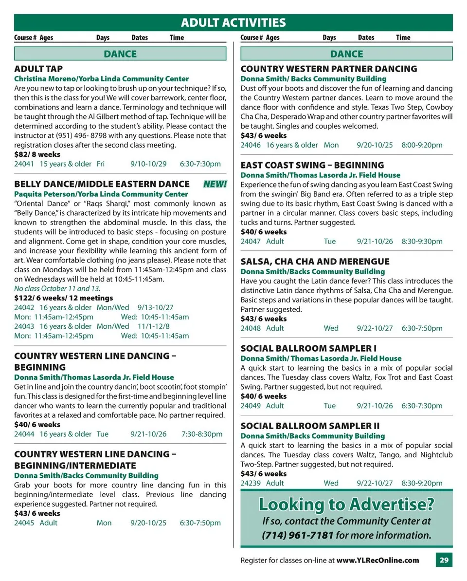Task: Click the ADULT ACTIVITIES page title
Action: tap(233, 23)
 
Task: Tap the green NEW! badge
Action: tap(215, 184)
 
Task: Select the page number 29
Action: tap(444, 560)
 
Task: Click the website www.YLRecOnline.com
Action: tap(377, 560)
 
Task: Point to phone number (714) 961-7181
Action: tap(298, 536)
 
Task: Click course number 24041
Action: tap(24, 164)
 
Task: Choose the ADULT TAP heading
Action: tap(38, 69)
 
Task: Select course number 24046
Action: tap(251, 145)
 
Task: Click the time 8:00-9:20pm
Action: tap(422, 145)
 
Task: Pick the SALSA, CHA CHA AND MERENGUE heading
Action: tap(315, 262)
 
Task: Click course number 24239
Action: tap(251, 483)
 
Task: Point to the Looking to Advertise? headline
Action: tap(346, 504)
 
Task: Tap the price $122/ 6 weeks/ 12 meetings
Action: tap(63, 298)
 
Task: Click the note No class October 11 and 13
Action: tap(57, 288)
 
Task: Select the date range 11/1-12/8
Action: tap(154, 326)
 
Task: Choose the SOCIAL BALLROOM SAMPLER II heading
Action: tap(310, 426)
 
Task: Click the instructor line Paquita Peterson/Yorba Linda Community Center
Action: tap(101, 194)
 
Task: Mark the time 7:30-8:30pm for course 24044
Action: tap(202, 434)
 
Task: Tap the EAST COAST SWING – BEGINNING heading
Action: tap(312, 165)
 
